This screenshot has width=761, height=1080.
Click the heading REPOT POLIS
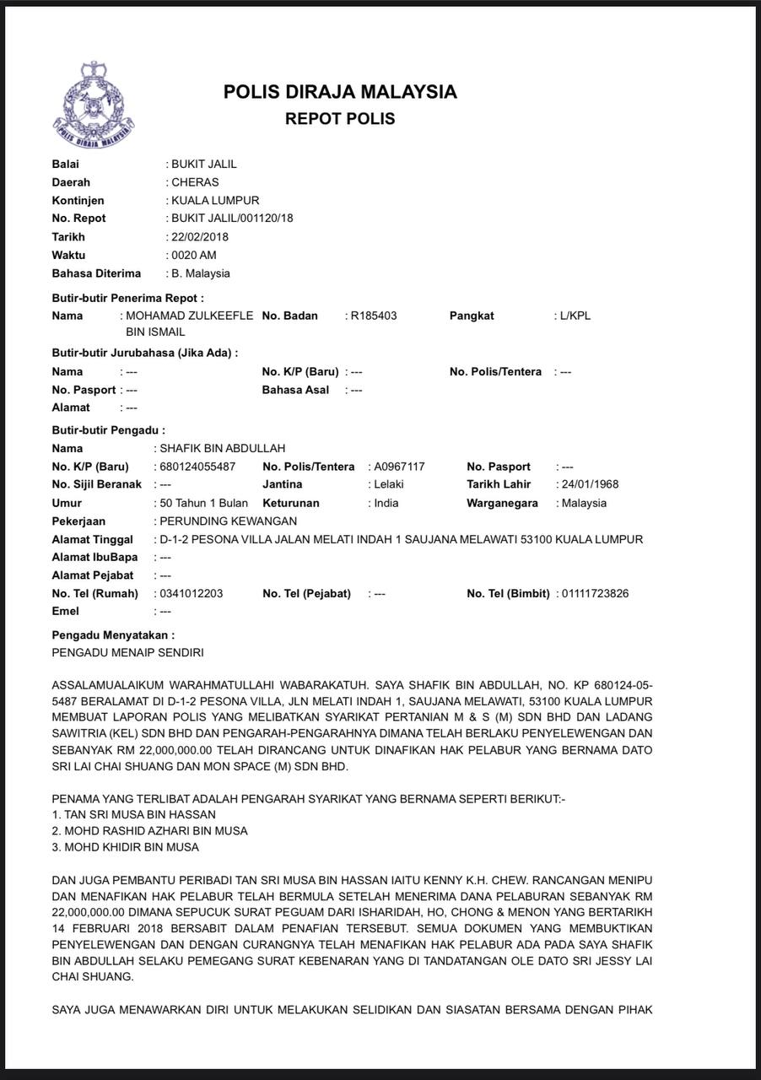point(340,119)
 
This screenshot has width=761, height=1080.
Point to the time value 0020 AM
point(194,255)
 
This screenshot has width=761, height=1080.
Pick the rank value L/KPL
point(575,316)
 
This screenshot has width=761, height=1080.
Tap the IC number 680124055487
point(197,467)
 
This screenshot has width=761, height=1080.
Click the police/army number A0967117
point(399,467)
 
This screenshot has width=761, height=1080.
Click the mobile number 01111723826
point(596,593)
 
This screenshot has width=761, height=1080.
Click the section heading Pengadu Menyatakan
point(113,634)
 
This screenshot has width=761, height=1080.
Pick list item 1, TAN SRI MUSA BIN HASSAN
point(133,814)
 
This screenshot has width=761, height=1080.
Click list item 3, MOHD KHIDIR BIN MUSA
point(126,847)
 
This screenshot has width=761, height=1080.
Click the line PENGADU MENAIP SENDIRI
point(127,652)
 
